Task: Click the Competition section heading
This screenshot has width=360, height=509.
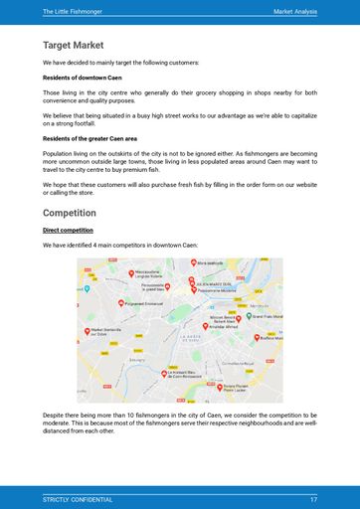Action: click(x=70, y=213)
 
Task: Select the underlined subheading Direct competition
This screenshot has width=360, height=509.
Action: click(x=75, y=230)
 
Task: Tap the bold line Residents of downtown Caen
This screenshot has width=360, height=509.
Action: click(x=85, y=77)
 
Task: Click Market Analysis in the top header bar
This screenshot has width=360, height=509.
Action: click(x=294, y=11)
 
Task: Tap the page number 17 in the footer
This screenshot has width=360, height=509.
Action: click(x=313, y=499)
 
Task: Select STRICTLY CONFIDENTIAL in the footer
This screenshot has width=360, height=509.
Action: click(x=78, y=499)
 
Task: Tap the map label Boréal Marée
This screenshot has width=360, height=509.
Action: click(x=271, y=338)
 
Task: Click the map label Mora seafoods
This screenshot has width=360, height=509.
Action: click(x=210, y=263)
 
